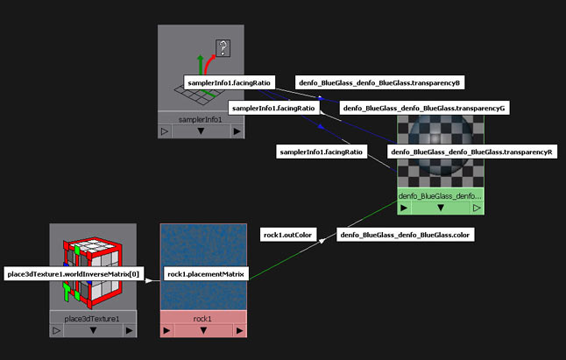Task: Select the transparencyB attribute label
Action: [x=379, y=82]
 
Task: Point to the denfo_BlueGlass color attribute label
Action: [x=406, y=235]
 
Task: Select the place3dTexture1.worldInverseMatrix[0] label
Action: [x=72, y=275]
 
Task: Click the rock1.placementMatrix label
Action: [x=205, y=275]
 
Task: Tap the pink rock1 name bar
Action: [x=203, y=317]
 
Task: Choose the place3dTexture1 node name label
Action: [x=94, y=318]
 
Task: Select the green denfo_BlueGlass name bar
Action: [x=440, y=196]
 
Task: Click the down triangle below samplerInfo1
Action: [x=201, y=131]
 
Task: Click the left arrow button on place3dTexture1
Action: [x=57, y=331]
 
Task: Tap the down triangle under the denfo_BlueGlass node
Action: [x=440, y=208]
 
